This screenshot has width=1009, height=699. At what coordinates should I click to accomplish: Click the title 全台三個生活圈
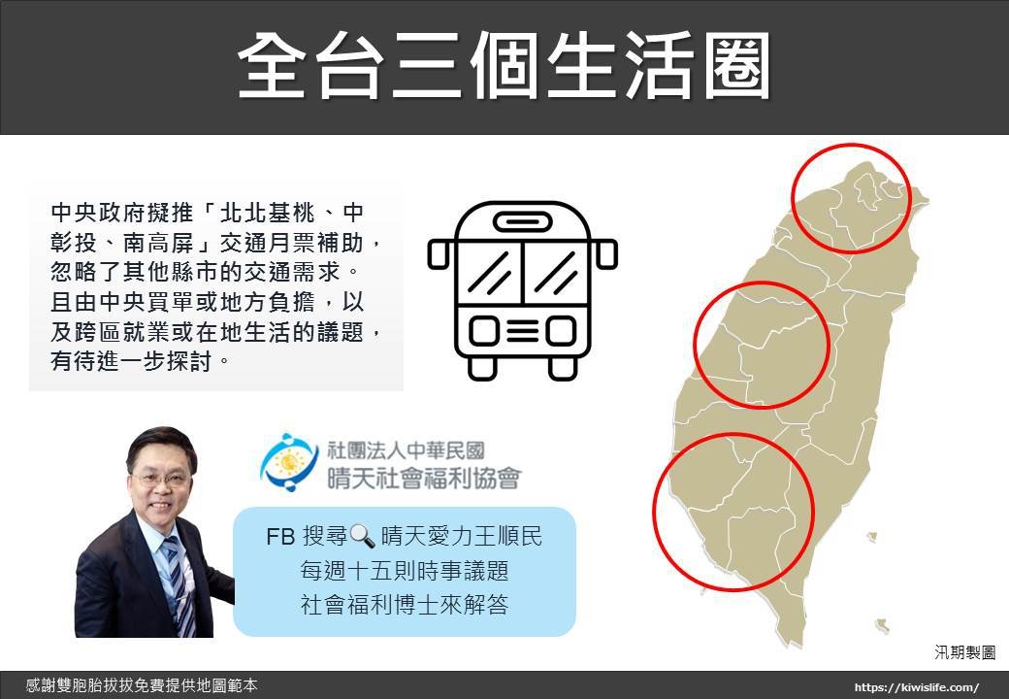click(504, 66)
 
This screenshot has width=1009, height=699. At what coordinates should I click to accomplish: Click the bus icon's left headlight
click(483, 331)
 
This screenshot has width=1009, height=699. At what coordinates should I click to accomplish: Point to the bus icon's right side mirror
click(606, 253)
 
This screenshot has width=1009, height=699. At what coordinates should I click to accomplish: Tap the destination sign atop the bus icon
click(523, 222)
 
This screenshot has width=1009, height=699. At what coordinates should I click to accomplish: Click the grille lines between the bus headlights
click(523, 331)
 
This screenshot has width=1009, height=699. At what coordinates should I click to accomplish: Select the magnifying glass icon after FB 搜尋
click(361, 536)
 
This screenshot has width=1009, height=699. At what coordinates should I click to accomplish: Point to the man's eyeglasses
click(163, 480)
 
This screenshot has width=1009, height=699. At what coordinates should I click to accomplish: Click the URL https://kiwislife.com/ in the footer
click(916, 687)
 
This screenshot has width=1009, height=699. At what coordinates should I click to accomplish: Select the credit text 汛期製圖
click(964, 652)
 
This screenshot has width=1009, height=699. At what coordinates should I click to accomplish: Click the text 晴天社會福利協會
click(424, 479)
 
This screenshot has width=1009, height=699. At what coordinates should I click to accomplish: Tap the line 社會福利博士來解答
click(405, 605)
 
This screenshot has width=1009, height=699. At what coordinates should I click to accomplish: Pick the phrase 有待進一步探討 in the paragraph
click(133, 361)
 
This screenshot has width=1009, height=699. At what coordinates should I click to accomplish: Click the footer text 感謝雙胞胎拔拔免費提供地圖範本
click(142, 686)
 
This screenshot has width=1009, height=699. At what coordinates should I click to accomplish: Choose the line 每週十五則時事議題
click(405, 571)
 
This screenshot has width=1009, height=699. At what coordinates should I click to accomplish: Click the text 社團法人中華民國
click(407, 449)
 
